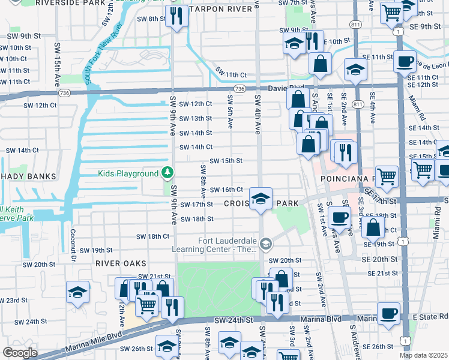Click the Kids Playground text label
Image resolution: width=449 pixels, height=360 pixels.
128,173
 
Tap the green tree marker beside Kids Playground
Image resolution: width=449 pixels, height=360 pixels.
168,173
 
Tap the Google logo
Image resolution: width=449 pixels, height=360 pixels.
19,352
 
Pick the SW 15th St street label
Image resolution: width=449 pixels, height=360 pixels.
225,161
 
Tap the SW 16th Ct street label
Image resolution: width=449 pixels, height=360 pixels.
226,190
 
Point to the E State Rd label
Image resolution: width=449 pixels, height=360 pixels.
430,316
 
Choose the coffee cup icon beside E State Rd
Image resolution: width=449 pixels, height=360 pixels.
388,312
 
